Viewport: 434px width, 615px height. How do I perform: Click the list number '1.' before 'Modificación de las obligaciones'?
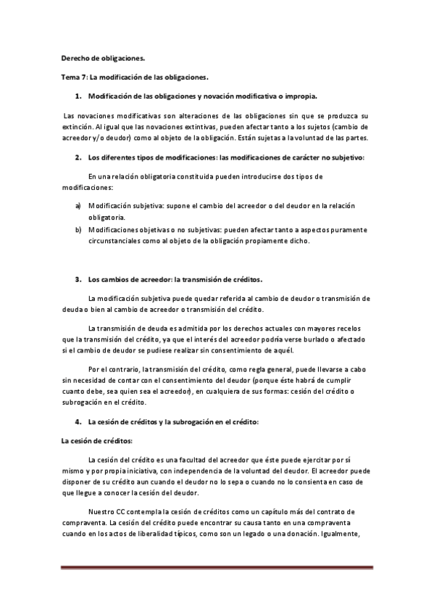tap(78, 96)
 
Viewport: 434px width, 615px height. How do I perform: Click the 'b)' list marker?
tap(78, 229)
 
